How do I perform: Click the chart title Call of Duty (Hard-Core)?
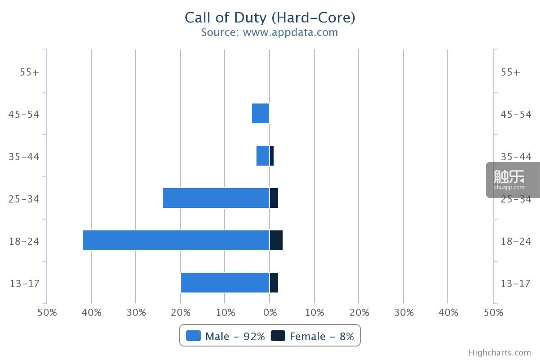(x=270, y=18)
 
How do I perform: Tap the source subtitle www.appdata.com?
(x=290, y=32)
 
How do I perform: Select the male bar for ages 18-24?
(x=176, y=240)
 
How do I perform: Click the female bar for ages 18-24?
(x=276, y=240)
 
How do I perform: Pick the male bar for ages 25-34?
(x=216, y=198)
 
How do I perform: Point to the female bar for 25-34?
(x=274, y=198)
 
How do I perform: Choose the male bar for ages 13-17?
(x=225, y=283)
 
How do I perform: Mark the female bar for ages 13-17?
(x=274, y=283)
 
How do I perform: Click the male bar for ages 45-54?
(x=261, y=113)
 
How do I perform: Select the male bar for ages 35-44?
(x=263, y=156)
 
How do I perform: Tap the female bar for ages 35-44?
(x=272, y=156)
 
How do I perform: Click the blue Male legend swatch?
(x=193, y=336)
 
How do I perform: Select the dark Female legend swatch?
(x=278, y=336)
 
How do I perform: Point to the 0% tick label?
(x=270, y=313)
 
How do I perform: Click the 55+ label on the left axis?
(x=29, y=72)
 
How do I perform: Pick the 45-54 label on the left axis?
(x=23, y=114)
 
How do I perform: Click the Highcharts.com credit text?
(x=500, y=353)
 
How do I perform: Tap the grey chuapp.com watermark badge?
(x=513, y=180)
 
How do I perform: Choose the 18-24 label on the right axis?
(x=516, y=241)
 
